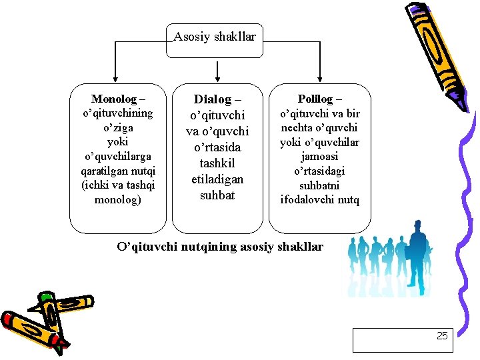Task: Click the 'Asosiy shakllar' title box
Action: pos(215,37)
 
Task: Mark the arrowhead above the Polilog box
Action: pos(320,79)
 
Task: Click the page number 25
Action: pos(442,336)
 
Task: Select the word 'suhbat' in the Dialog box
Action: pos(217,195)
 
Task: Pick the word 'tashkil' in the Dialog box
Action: pos(217,163)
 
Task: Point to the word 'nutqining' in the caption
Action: pos(206,247)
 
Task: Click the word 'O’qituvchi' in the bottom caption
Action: pos(145,247)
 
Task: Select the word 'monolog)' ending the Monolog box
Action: pos(117,200)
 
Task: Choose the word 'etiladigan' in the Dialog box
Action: pos(217,179)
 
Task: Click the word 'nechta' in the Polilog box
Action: pos(296,127)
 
